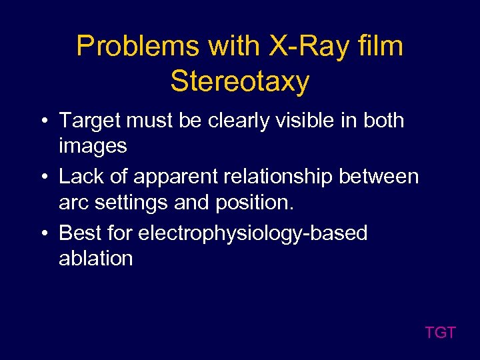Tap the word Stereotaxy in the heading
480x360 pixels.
[x=240, y=81]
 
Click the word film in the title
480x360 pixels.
[x=380, y=47]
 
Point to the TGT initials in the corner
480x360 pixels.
[x=440, y=332]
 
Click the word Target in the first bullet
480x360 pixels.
[x=89, y=121]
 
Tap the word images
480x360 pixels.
[x=93, y=145]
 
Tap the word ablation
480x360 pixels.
[x=96, y=258]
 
